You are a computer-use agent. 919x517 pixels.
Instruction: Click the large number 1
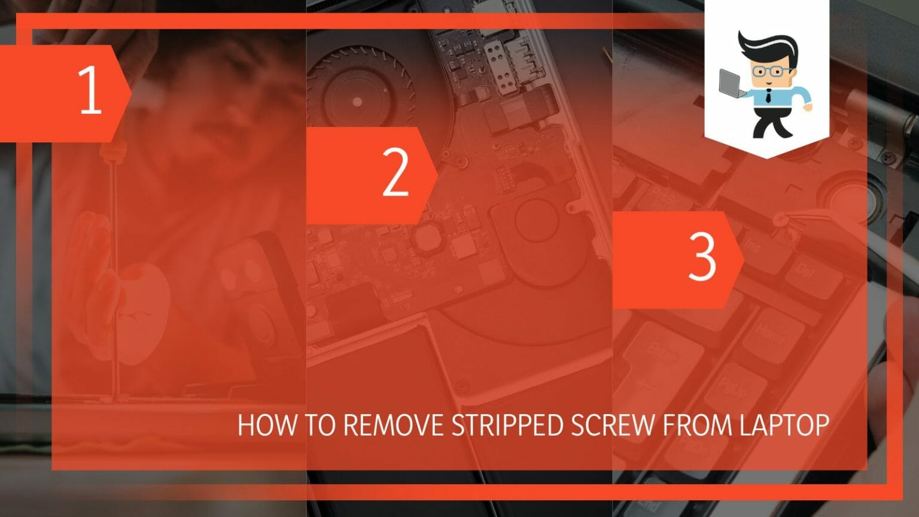pos(90,90)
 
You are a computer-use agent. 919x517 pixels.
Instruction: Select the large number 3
pos(702,257)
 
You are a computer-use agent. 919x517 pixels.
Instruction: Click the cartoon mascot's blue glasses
pos(771,72)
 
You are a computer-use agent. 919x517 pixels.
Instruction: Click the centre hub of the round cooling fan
pos(357,102)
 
